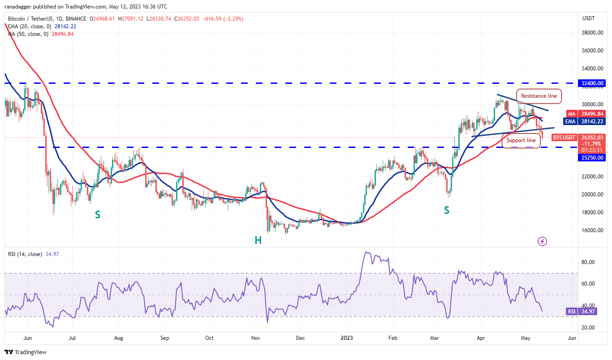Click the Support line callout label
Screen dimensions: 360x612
[521, 140]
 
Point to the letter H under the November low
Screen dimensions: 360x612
[258, 241]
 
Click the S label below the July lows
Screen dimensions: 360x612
[97, 215]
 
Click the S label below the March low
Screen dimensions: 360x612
[446, 210]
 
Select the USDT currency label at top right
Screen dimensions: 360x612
[588, 18]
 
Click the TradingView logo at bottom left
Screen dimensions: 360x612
[26, 352]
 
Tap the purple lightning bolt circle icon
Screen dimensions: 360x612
[542, 242]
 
